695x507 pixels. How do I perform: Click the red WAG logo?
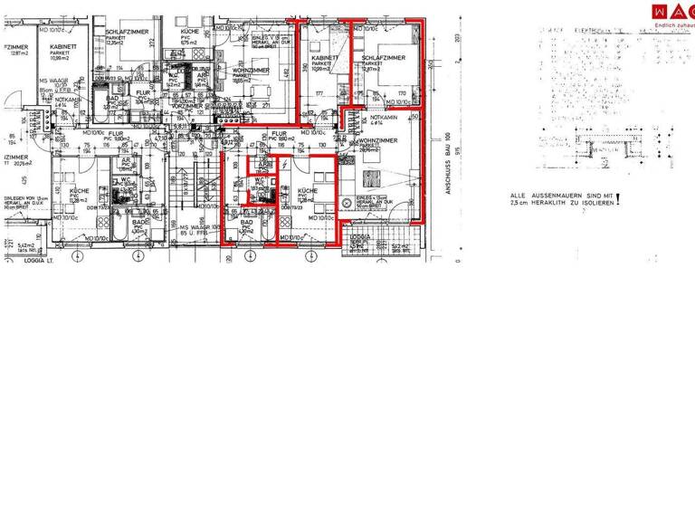tap(674, 11)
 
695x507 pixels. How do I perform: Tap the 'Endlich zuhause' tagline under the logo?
tap(675, 25)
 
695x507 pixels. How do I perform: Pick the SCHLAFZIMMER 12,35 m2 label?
tap(126, 35)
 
